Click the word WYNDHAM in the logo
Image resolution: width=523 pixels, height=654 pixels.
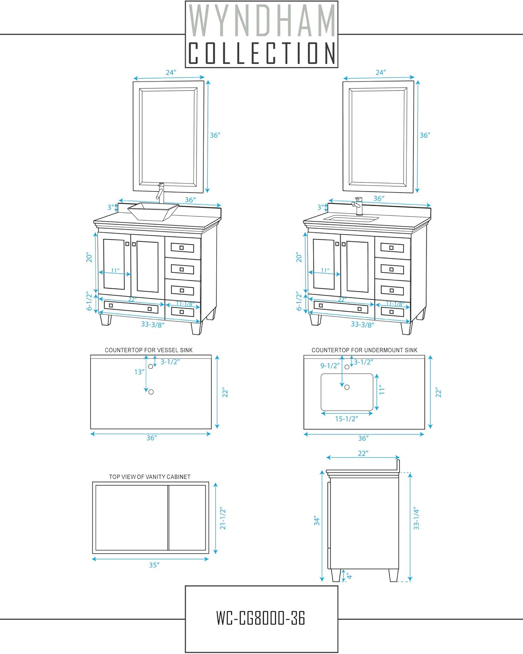point(261,20)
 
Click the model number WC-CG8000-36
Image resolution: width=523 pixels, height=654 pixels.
point(261,618)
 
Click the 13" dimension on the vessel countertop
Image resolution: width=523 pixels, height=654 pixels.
point(139,372)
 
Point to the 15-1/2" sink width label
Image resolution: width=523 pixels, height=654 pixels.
point(346,419)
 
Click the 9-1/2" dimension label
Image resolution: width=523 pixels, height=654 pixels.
point(330,366)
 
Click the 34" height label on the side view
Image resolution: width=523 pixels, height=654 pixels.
point(317,521)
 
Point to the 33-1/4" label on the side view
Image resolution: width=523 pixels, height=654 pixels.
point(416,518)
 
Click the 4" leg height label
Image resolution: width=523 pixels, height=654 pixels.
point(349,576)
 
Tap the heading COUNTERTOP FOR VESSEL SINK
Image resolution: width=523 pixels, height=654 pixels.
point(149,350)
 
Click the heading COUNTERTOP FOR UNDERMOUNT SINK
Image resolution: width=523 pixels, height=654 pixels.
point(364,350)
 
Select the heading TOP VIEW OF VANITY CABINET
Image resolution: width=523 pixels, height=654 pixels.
point(150,477)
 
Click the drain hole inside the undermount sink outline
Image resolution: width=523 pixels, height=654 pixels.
point(347,387)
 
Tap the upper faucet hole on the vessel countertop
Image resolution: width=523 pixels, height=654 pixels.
point(151,367)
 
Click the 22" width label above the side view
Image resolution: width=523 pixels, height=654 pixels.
point(363,453)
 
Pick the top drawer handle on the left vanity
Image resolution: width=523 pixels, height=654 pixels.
point(182,248)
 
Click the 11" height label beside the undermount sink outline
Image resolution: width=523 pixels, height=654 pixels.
point(382,390)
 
